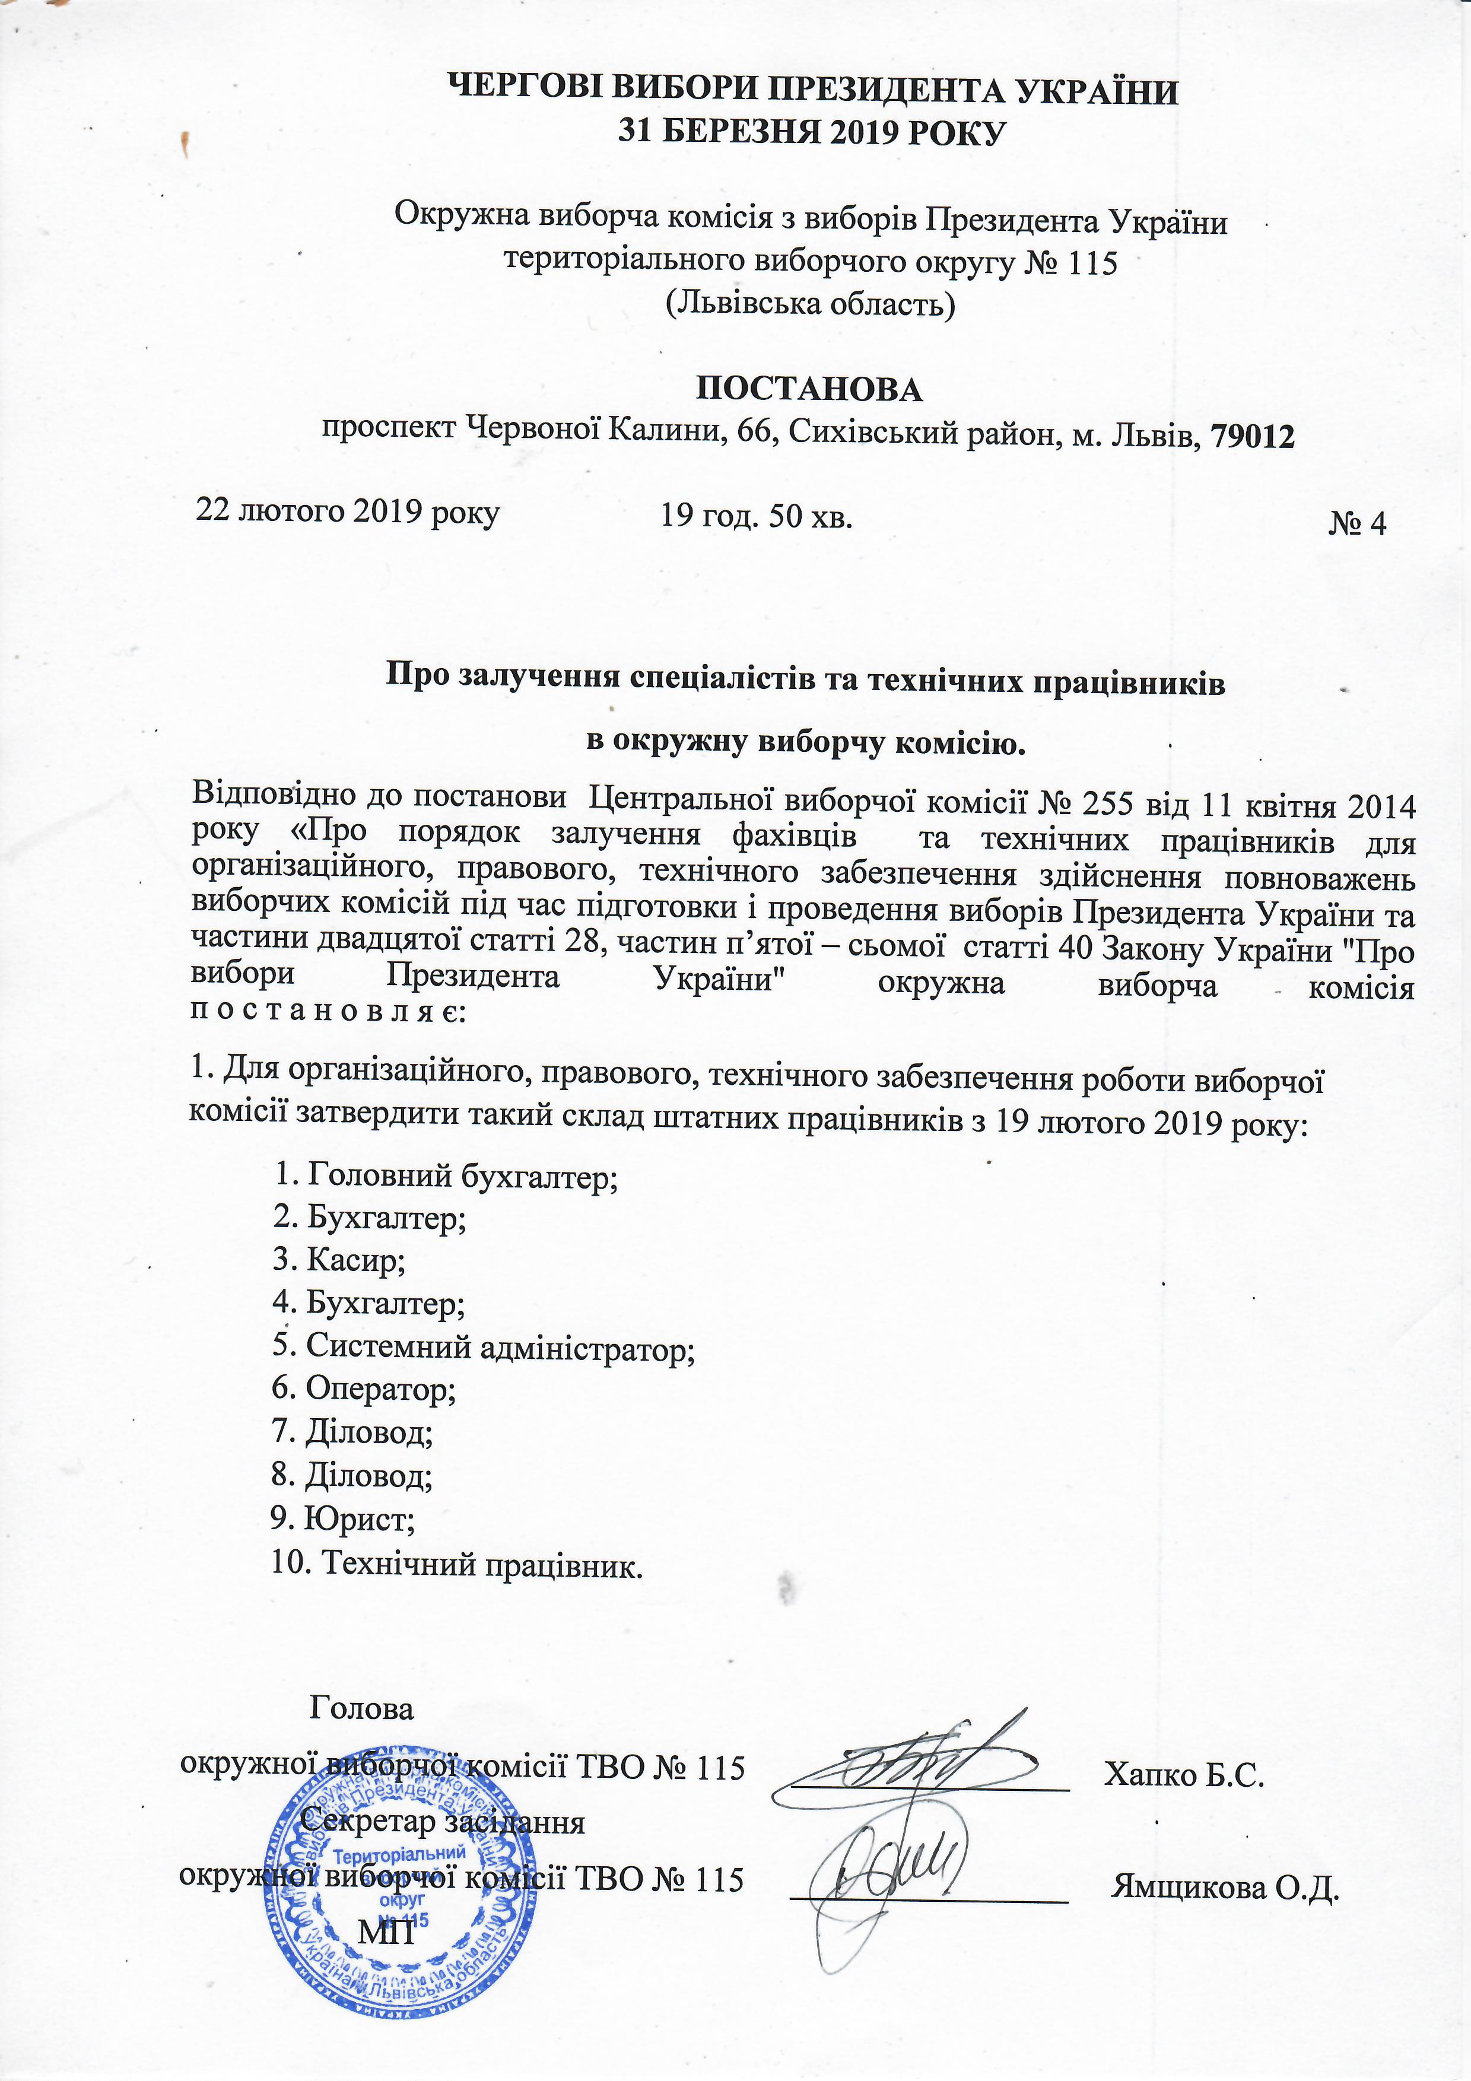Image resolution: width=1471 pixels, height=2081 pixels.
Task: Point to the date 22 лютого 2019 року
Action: coord(348,512)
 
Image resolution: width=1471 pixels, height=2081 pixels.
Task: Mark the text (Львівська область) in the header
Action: coord(811,304)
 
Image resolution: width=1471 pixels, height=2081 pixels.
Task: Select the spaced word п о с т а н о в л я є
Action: coord(327,1012)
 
